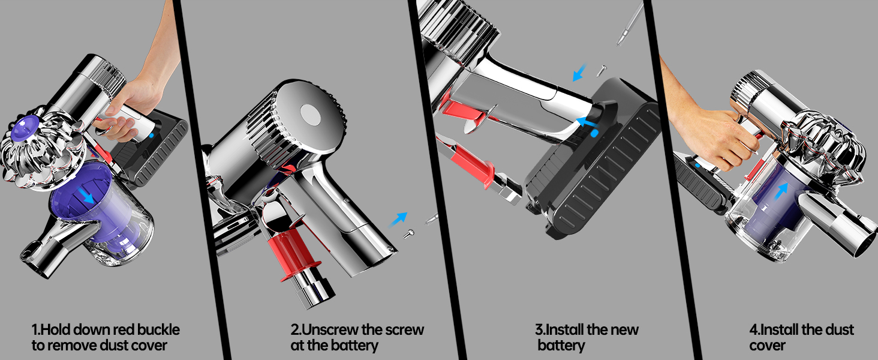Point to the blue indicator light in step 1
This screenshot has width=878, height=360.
pyautogui.click(x=152, y=136)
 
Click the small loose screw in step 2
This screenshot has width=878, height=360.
pyautogui.click(x=409, y=234)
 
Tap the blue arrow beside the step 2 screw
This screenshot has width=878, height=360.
pyautogui.click(x=398, y=220)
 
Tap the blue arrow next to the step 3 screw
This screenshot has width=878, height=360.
pyautogui.click(x=580, y=73)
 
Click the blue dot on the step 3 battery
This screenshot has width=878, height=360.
pyautogui.click(x=594, y=133)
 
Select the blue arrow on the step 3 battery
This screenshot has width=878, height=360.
pyautogui.click(x=587, y=122)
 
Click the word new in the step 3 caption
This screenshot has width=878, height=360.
pyautogui.click(x=626, y=330)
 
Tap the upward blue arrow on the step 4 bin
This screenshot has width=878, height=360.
pyautogui.click(x=781, y=192)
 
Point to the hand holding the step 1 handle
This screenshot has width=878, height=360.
pyautogui.click(x=133, y=106)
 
